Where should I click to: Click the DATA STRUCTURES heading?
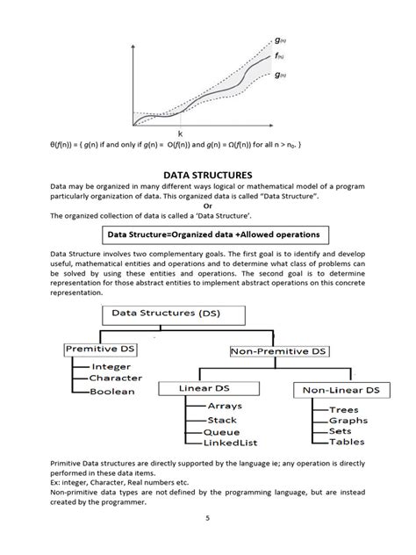point(208,176)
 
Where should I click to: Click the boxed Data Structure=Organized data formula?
point(207,234)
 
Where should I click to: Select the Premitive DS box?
point(104,349)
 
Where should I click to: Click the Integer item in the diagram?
point(111,366)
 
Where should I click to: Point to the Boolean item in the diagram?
point(112,391)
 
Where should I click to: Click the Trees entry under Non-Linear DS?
point(343,409)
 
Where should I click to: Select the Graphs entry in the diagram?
point(347,421)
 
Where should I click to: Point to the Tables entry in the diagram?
point(346,443)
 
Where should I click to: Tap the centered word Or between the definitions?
point(208,205)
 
